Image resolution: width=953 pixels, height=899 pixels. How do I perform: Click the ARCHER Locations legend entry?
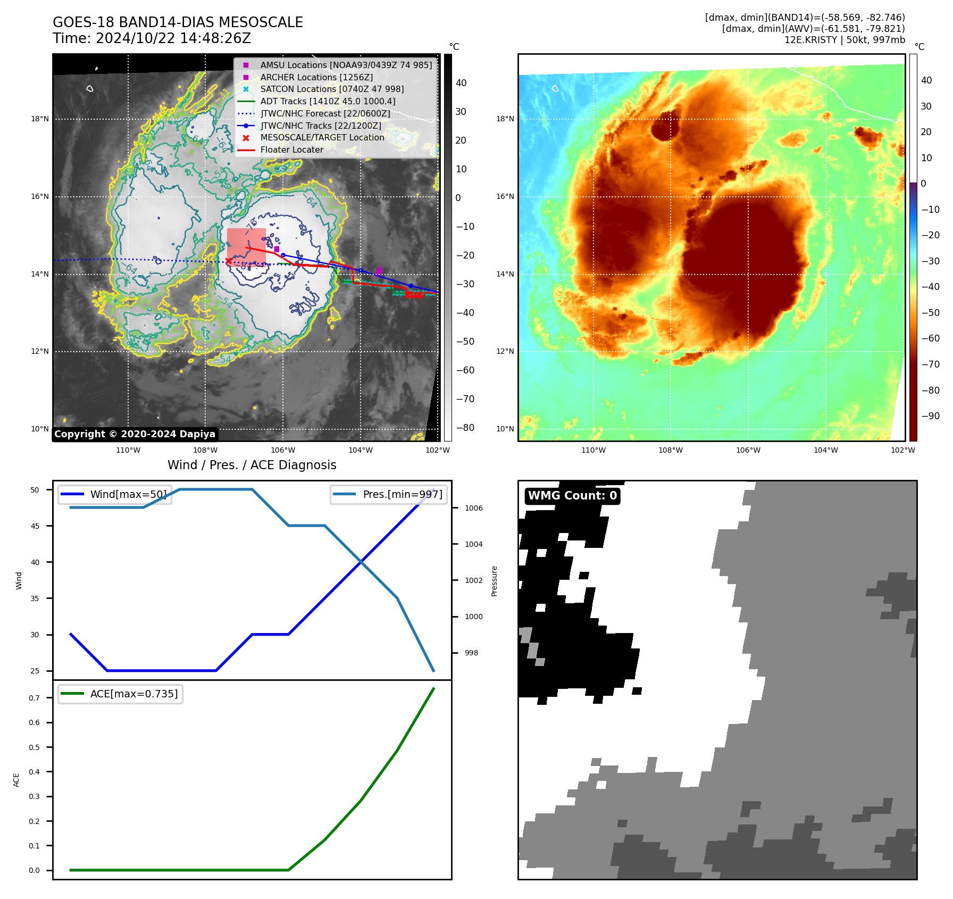[x=316, y=77]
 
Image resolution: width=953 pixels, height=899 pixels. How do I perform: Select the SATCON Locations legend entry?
[x=332, y=89]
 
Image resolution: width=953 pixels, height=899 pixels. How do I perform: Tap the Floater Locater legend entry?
[x=291, y=150]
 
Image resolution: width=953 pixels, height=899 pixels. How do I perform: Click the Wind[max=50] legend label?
[x=128, y=494]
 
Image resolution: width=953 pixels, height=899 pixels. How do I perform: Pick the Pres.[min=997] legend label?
[x=402, y=494]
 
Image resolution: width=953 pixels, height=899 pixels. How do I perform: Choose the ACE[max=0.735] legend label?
[x=134, y=694]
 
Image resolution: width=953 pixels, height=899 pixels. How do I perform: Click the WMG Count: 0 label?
[x=572, y=496]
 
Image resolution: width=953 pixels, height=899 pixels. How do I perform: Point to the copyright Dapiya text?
[x=135, y=434]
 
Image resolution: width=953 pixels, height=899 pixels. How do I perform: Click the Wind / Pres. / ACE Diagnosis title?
[x=252, y=465]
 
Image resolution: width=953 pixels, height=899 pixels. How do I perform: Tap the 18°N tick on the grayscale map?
[x=40, y=119]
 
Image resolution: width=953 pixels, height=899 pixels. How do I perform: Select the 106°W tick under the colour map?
[x=748, y=450]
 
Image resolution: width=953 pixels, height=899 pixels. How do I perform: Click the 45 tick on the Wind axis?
[x=35, y=526]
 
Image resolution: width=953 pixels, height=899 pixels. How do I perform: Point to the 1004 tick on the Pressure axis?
[x=473, y=544]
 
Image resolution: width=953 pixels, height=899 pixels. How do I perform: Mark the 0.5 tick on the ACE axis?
[x=34, y=747]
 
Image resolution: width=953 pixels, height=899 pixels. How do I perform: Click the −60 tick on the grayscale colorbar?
[x=465, y=370]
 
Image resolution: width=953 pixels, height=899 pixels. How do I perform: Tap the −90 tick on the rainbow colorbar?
[x=930, y=416]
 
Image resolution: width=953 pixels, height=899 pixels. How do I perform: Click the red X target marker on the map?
[x=228, y=261]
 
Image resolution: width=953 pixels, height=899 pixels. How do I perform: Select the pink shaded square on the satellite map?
[x=246, y=246]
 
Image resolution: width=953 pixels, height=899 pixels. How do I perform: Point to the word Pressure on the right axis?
[x=494, y=581]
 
